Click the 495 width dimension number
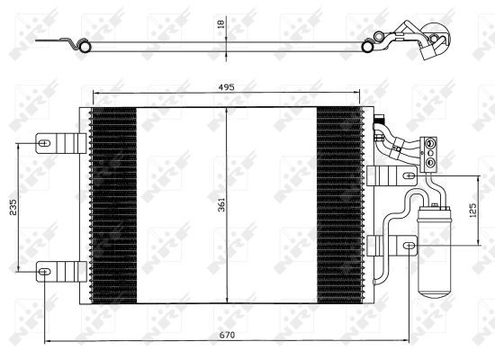[226, 87]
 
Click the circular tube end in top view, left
[86, 41]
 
